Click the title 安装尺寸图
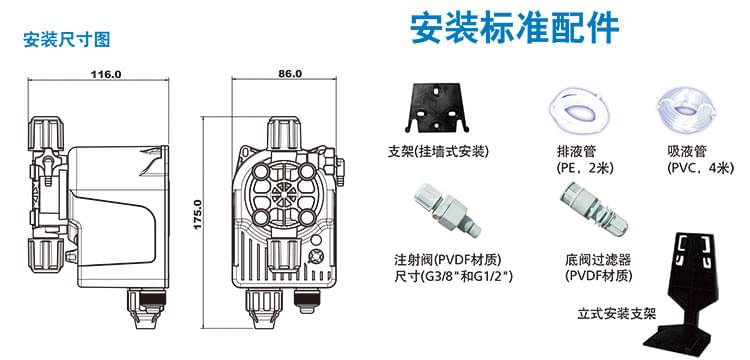[66, 40]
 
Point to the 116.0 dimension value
[106, 74]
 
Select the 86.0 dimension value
[289, 74]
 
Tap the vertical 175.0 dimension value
[198, 213]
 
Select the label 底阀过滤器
[597, 257]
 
